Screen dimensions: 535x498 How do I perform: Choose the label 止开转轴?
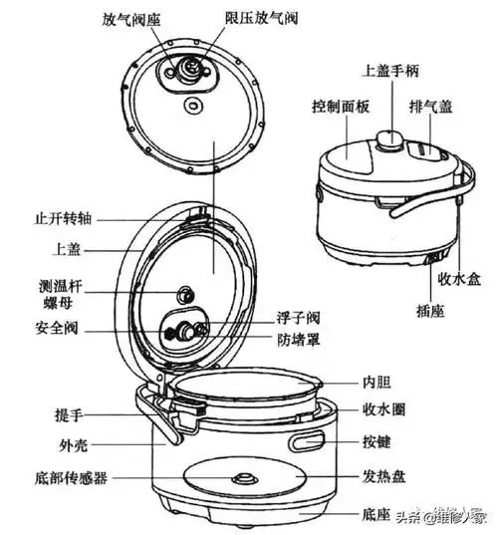tap(59, 217)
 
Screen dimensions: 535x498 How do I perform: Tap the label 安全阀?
tap(55, 329)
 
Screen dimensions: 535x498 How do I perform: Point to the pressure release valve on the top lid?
tap(188, 67)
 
